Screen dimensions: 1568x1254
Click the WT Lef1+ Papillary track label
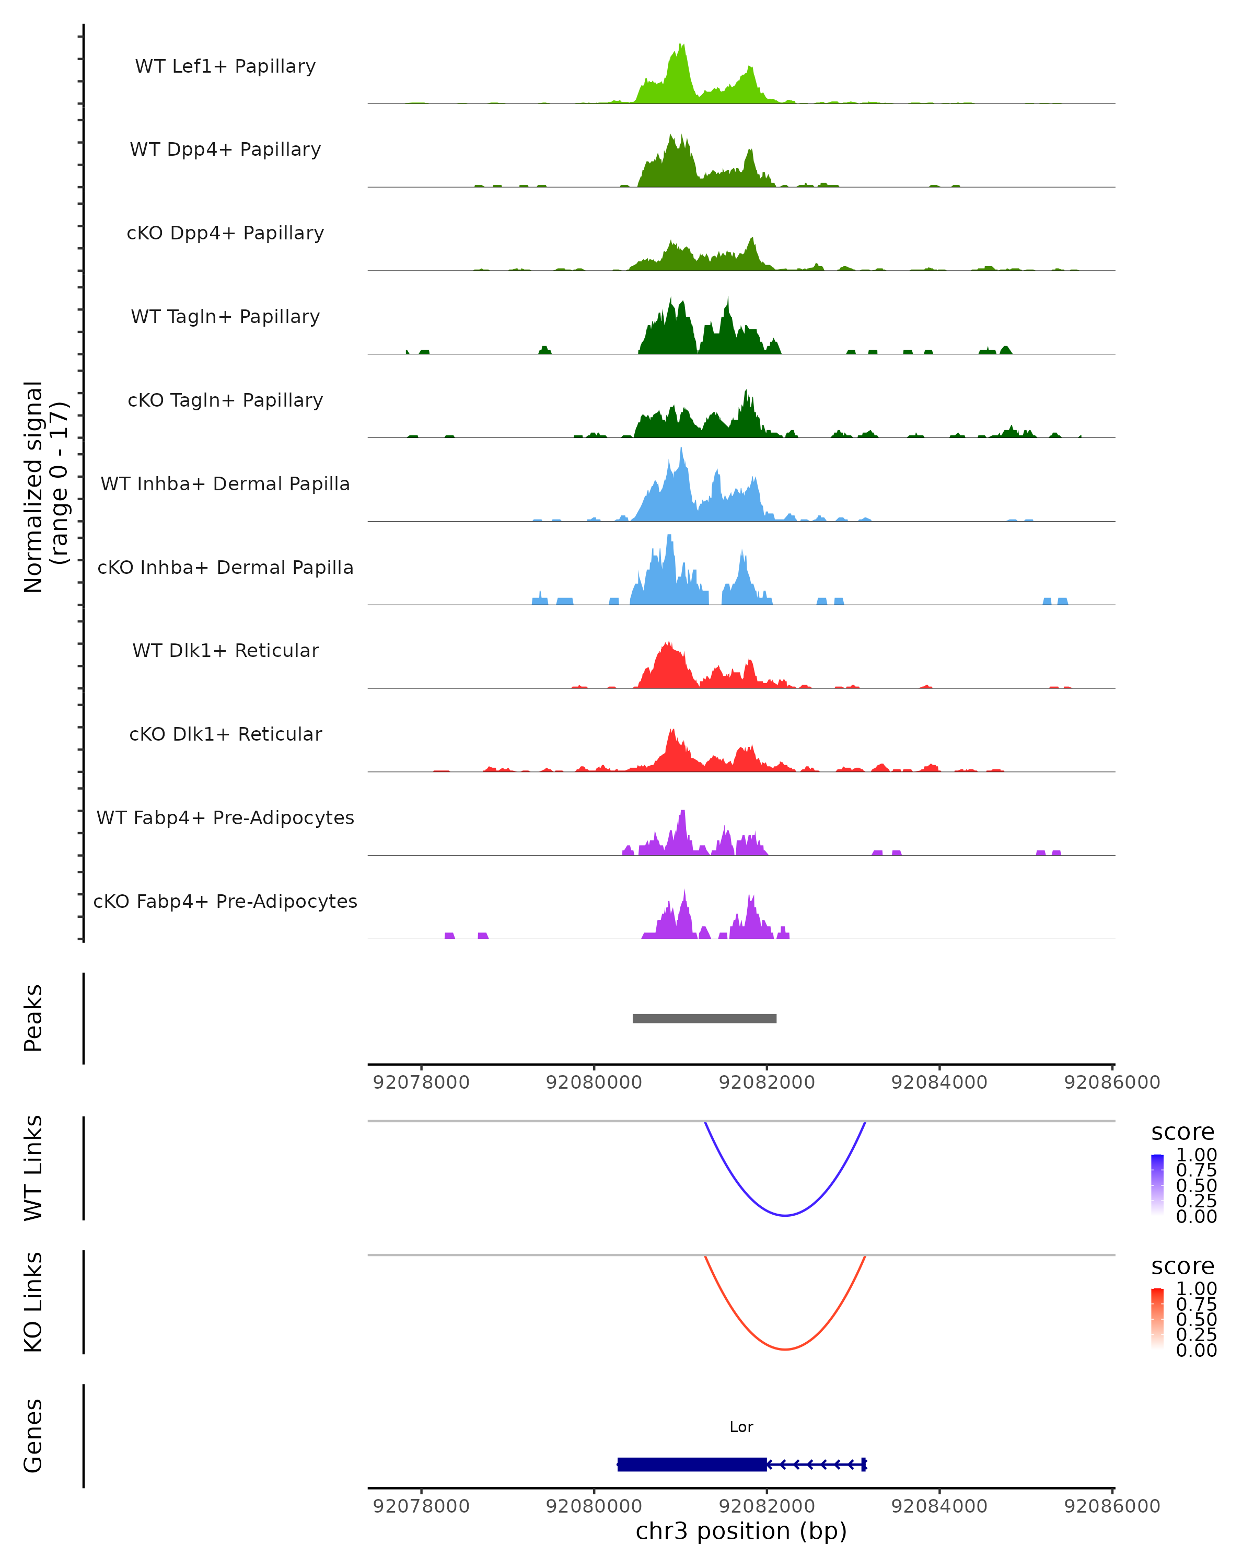[x=225, y=66]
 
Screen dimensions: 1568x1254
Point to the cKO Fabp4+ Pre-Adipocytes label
[x=225, y=901]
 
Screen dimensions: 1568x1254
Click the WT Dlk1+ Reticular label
[x=225, y=650]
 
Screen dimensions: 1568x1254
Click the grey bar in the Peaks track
[x=704, y=1018]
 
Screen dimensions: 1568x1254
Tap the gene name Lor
[x=741, y=1427]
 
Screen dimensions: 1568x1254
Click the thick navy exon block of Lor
[x=691, y=1464]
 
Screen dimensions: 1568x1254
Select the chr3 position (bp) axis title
[x=741, y=1531]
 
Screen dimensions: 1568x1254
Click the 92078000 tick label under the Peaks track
[x=421, y=1082]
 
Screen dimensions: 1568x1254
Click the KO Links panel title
[x=33, y=1302]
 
